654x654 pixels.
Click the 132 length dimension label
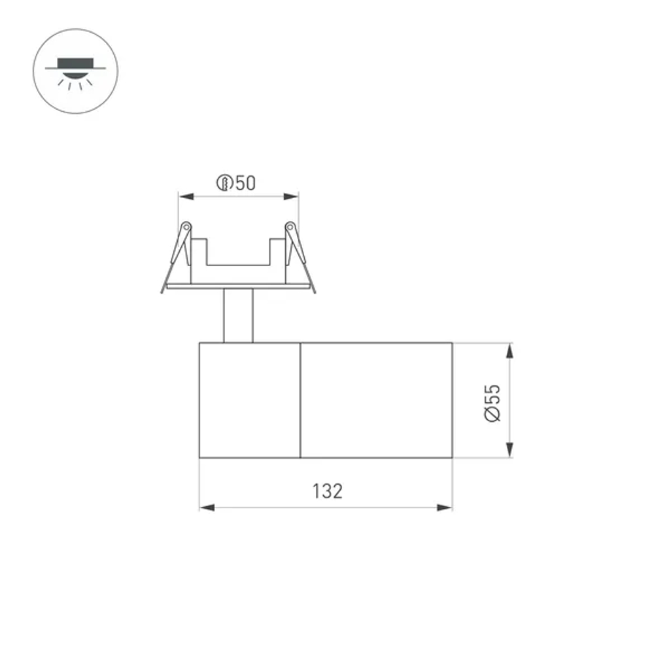327,490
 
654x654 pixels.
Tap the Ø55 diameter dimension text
492,402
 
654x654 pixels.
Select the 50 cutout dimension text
245,183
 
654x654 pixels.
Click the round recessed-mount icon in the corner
75,71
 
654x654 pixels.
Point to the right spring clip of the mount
300,255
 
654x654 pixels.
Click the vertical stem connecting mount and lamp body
238,315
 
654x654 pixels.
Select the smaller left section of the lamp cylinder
249,400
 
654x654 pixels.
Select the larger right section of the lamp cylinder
376,400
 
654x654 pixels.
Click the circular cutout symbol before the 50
224,183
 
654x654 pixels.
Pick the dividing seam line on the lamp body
300,400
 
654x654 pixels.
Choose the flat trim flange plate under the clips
238,286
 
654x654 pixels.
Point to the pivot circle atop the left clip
186,227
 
